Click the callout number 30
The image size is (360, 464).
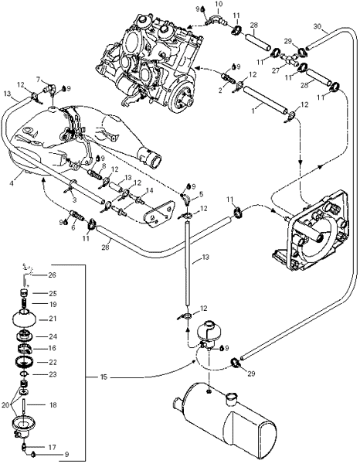pos(318,26)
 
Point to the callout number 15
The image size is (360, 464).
pos(104,377)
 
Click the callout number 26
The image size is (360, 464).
pos(52,275)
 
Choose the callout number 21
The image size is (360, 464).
pos(52,319)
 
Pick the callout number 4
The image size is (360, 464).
pos(12,183)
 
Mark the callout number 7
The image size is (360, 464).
pos(38,80)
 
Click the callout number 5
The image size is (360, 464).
pos(202,194)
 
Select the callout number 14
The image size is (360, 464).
pos(150,190)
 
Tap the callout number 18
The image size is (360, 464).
pos(53,404)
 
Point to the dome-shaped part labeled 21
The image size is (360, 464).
pos(25,319)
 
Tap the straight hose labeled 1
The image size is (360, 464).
pos(266,101)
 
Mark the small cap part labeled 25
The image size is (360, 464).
pos(23,294)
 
